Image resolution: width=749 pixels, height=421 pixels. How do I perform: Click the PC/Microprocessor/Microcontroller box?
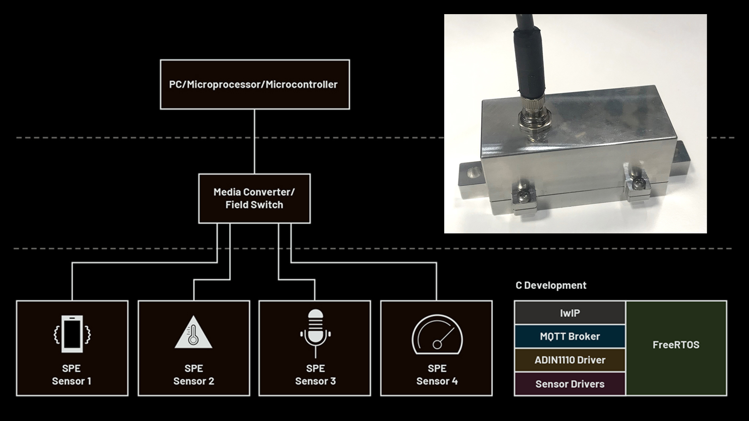point(255,84)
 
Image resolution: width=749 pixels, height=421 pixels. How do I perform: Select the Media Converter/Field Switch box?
point(254,198)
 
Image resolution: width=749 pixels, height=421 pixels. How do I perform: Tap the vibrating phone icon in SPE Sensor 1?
point(72,334)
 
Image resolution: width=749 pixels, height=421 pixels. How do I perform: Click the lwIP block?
point(570,313)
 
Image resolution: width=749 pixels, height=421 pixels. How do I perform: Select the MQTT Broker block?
point(570,336)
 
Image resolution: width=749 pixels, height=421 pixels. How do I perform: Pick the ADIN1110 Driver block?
point(570,360)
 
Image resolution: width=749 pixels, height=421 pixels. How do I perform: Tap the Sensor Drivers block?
point(570,384)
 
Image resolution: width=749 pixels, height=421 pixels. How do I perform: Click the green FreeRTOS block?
point(676,345)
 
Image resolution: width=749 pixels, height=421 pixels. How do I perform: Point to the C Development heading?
point(551,286)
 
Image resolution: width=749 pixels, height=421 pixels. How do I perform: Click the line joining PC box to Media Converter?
point(255,141)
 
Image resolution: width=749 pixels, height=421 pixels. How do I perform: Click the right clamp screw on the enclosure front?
point(638,184)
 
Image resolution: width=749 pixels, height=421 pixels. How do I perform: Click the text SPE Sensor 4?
point(437,375)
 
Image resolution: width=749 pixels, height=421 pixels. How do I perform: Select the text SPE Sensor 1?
point(72,375)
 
